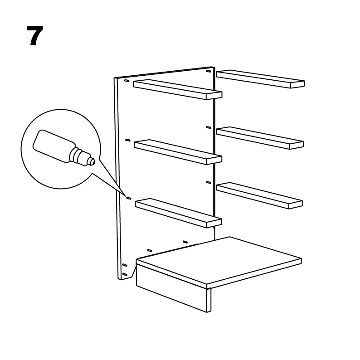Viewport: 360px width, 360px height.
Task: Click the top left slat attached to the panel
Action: click(x=177, y=89)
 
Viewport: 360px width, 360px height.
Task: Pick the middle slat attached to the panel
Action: click(x=178, y=152)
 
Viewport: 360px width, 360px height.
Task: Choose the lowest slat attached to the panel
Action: click(x=178, y=213)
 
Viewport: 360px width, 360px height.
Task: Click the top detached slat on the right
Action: click(x=260, y=79)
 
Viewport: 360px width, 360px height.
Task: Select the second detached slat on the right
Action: click(x=260, y=138)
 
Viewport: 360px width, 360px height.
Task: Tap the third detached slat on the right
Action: click(x=259, y=195)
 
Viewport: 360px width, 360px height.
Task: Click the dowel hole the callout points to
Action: click(x=129, y=198)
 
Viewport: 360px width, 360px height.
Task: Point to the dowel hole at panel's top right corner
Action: click(x=209, y=71)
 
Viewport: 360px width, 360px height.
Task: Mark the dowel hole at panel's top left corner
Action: click(x=126, y=81)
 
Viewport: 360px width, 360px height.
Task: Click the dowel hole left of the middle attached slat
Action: click(x=128, y=140)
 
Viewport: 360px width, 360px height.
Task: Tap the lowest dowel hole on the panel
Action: click(x=125, y=274)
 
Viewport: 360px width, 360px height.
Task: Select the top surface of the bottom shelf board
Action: click(x=219, y=261)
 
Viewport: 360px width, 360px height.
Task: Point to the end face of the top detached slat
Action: click(x=297, y=84)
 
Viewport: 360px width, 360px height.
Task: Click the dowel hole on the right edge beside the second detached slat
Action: click(x=209, y=127)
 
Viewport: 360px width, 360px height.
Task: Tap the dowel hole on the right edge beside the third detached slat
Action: click(x=209, y=183)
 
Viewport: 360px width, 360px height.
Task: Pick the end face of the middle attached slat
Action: click(x=214, y=161)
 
